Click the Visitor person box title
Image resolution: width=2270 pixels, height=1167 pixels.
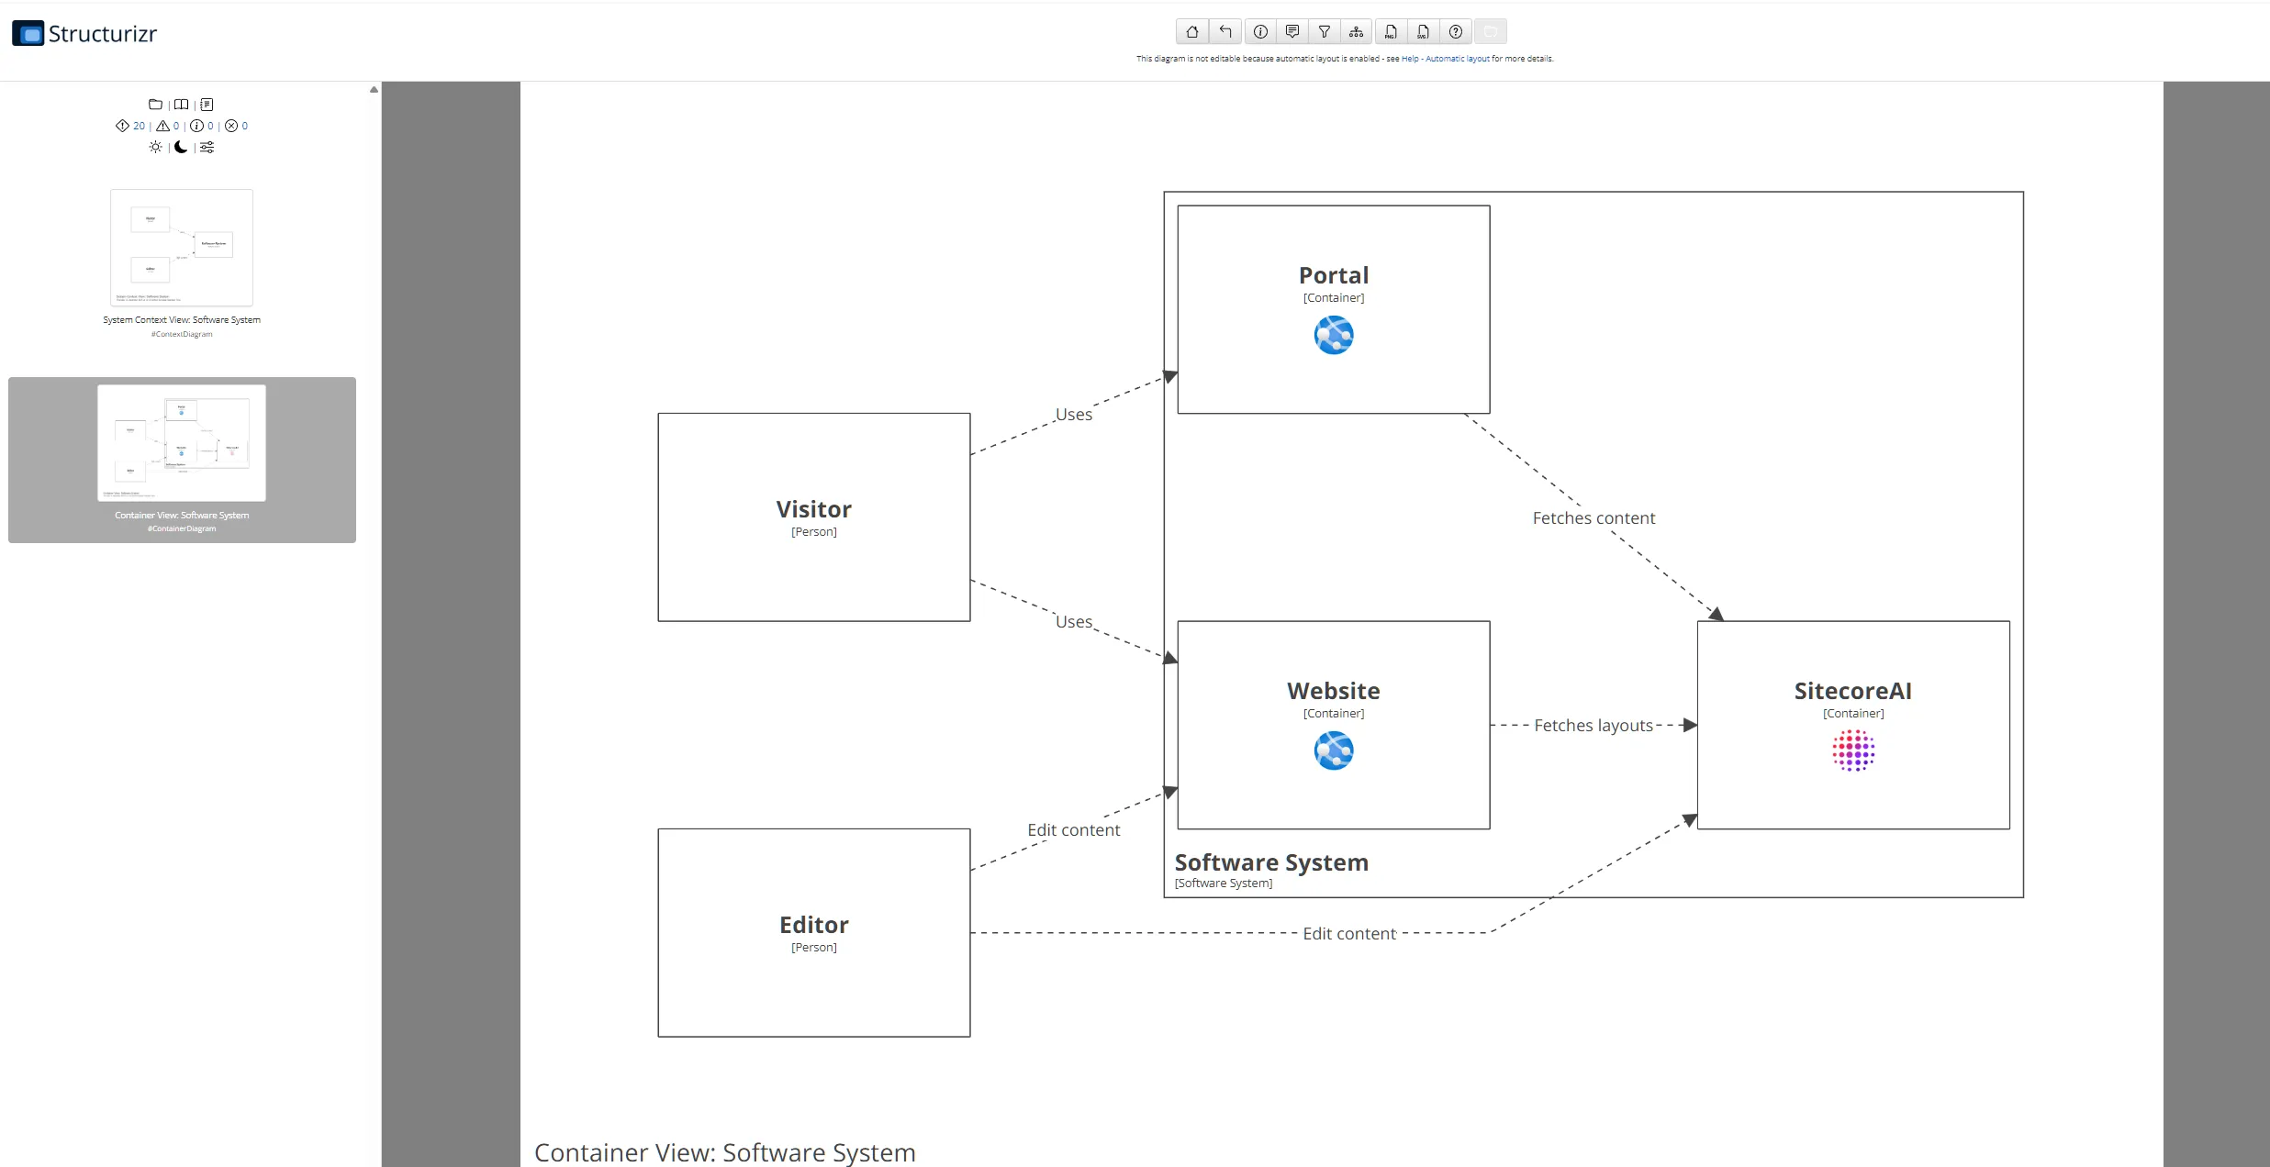click(x=813, y=509)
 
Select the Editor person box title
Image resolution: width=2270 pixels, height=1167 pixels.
click(x=813, y=925)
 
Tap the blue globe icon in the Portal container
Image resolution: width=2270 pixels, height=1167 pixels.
click(x=1333, y=335)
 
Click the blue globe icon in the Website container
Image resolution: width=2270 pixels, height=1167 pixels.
click(x=1333, y=750)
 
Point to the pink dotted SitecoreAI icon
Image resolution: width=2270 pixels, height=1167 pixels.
click(x=1852, y=750)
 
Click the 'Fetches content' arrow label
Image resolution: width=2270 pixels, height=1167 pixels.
click(x=1593, y=518)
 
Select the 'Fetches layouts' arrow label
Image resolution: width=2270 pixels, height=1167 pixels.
click(x=1593, y=726)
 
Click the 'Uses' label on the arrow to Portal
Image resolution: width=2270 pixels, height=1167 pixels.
click(x=1073, y=415)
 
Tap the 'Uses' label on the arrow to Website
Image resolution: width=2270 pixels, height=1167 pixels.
click(x=1073, y=622)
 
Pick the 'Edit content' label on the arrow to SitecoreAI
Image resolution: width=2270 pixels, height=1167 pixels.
click(x=1348, y=934)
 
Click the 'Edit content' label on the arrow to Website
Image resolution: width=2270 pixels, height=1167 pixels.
click(x=1073, y=830)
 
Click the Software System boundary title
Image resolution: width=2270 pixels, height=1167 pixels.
click(x=1270, y=862)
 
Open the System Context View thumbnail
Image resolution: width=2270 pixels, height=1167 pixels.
click(x=182, y=248)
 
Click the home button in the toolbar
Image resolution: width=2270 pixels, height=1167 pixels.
click(x=1191, y=32)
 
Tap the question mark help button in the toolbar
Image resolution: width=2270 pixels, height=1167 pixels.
click(x=1455, y=32)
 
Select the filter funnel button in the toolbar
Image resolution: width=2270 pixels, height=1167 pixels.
click(x=1324, y=32)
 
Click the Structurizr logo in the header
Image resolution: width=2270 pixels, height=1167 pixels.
click(x=84, y=34)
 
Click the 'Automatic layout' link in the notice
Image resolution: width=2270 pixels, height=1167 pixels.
click(x=1457, y=59)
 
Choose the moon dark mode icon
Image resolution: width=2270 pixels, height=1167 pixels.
click(x=181, y=147)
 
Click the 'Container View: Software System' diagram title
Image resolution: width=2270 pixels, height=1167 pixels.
click(x=724, y=1152)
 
